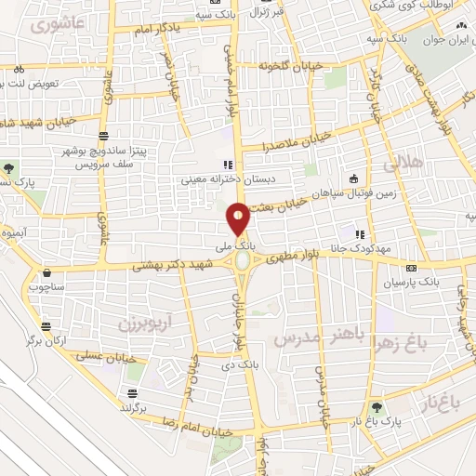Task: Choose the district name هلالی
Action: click(402, 162)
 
